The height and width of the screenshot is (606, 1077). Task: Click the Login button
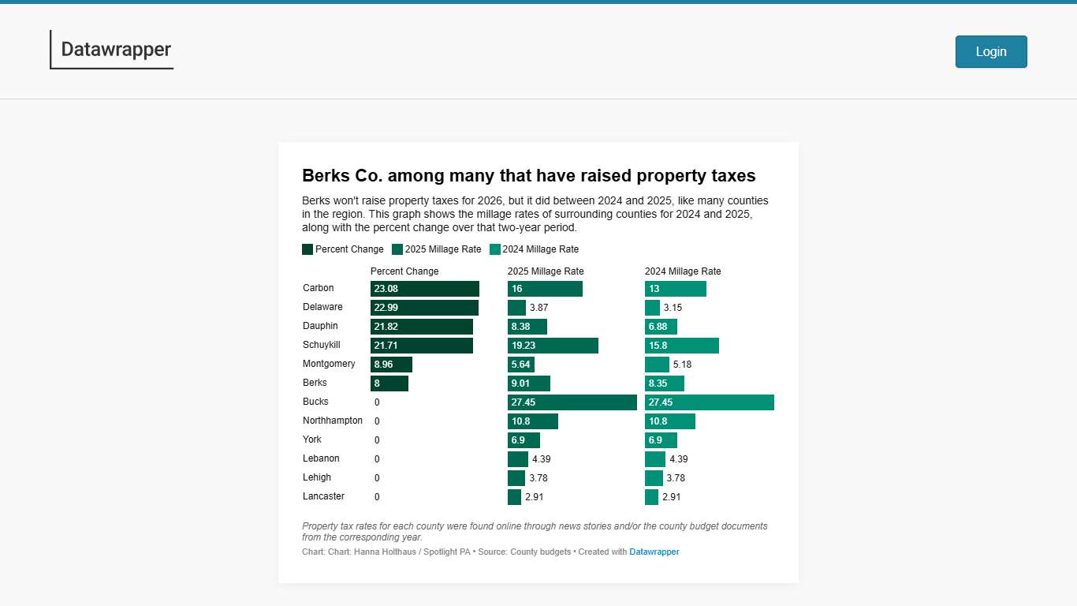tap(991, 52)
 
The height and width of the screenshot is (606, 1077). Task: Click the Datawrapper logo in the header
tap(115, 50)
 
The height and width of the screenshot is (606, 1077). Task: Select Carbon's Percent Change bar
tap(424, 289)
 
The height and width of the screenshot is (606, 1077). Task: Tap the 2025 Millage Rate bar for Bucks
tap(572, 402)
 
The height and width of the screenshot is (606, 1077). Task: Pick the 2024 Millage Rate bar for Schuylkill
tap(681, 346)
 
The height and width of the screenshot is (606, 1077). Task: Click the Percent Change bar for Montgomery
tap(391, 365)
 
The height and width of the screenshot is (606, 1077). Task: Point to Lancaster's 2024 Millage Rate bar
tap(651, 497)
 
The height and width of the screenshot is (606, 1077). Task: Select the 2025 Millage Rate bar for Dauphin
tap(527, 327)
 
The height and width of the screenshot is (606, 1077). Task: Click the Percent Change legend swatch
tap(307, 249)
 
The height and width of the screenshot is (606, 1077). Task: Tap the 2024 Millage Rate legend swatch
tap(495, 249)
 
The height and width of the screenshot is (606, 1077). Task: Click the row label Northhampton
tap(333, 421)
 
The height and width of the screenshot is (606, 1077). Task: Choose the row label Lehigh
tap(317, 477)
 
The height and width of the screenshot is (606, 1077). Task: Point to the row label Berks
tap(315, 383)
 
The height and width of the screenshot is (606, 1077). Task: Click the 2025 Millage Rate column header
tap(546, 271)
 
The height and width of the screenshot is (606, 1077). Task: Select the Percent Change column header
tap(404, 271)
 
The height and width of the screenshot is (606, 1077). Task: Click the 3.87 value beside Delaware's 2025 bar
tap(538, 308)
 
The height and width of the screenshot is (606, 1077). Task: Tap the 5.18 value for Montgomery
tap(682, 365)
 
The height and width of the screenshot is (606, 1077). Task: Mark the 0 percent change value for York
tap(377, 440)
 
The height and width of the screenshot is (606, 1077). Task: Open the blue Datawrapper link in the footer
tap(654, 552)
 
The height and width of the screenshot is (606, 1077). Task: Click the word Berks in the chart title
tap(327, 176)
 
